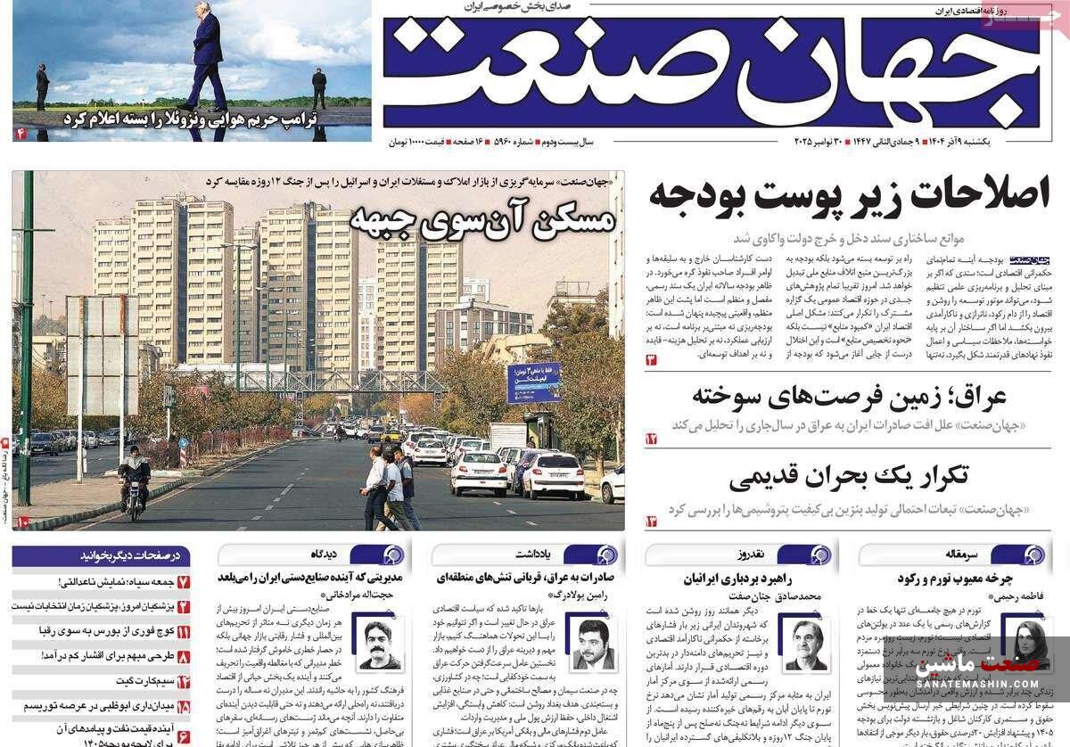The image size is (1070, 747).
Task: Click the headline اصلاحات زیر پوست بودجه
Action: click(x=848, y=195)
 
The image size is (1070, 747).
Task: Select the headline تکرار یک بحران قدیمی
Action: click(x=848, y=476)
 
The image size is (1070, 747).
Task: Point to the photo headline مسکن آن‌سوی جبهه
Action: click(x=482, y=219)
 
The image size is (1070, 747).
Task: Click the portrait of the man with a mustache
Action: click(x=382, y=642)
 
